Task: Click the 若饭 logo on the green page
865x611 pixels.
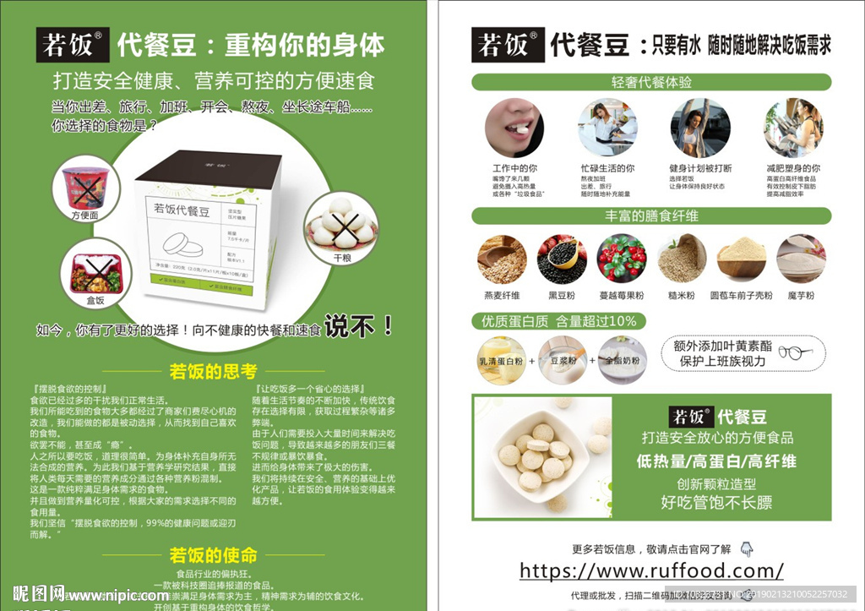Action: tap(72, 44)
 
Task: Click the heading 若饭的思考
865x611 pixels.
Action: tap(213, 371)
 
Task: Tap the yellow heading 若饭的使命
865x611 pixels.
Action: tap(213, 555)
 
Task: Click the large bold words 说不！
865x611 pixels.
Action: tap(360, 325)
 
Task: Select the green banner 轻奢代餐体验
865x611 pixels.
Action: tap(650, 82)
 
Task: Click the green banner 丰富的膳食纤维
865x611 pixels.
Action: tap(650, 215)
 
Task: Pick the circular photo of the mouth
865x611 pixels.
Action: tap(514, 128)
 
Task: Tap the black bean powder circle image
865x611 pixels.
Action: tap(562, 259)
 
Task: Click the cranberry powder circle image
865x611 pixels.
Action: tap(622, 259)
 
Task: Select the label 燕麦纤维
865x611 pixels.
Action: tap(502, 296)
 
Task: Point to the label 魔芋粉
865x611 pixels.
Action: tap(801, 296)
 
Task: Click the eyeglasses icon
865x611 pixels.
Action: tap(795, 352)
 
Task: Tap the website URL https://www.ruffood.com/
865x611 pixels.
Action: tap(651, 570)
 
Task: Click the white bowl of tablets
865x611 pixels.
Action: tap(541, 456)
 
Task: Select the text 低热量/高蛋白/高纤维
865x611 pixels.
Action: tap(716, 461)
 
